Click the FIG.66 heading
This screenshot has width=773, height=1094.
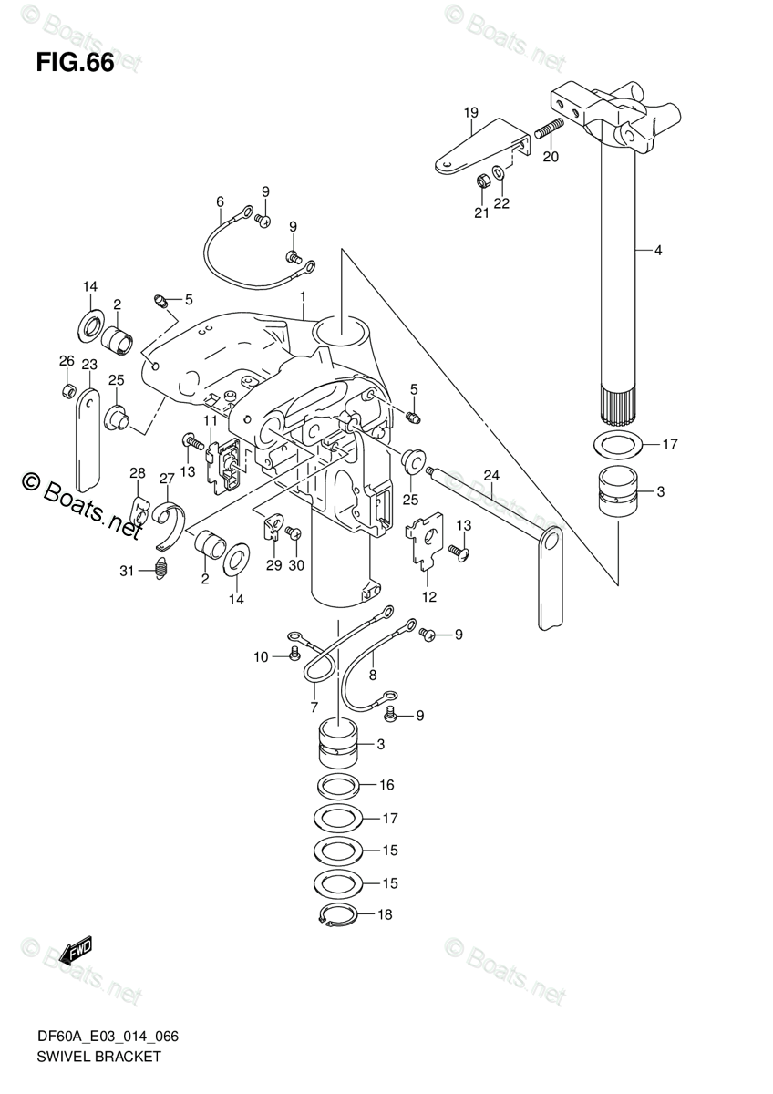[x=75, y=65]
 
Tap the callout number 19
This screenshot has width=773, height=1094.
[x=470, y=113]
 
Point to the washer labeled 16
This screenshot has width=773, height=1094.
[x=340, y=785]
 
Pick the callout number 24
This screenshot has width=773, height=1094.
[x=491, y=475]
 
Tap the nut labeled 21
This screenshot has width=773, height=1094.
[x=481, y=181]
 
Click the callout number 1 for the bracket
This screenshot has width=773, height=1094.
[x=303, y=297]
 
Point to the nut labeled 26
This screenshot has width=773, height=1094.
[x=67, y=391]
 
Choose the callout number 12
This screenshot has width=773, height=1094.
[x=428, y=597]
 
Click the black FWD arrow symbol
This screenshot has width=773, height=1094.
[x=75, y=951]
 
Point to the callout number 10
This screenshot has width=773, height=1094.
[x=261, y=656]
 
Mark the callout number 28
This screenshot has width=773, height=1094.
[x=137, y=472]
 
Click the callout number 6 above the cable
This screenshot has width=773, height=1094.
[x=220, y=201]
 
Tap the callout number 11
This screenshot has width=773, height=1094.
[x=211, y=420]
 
